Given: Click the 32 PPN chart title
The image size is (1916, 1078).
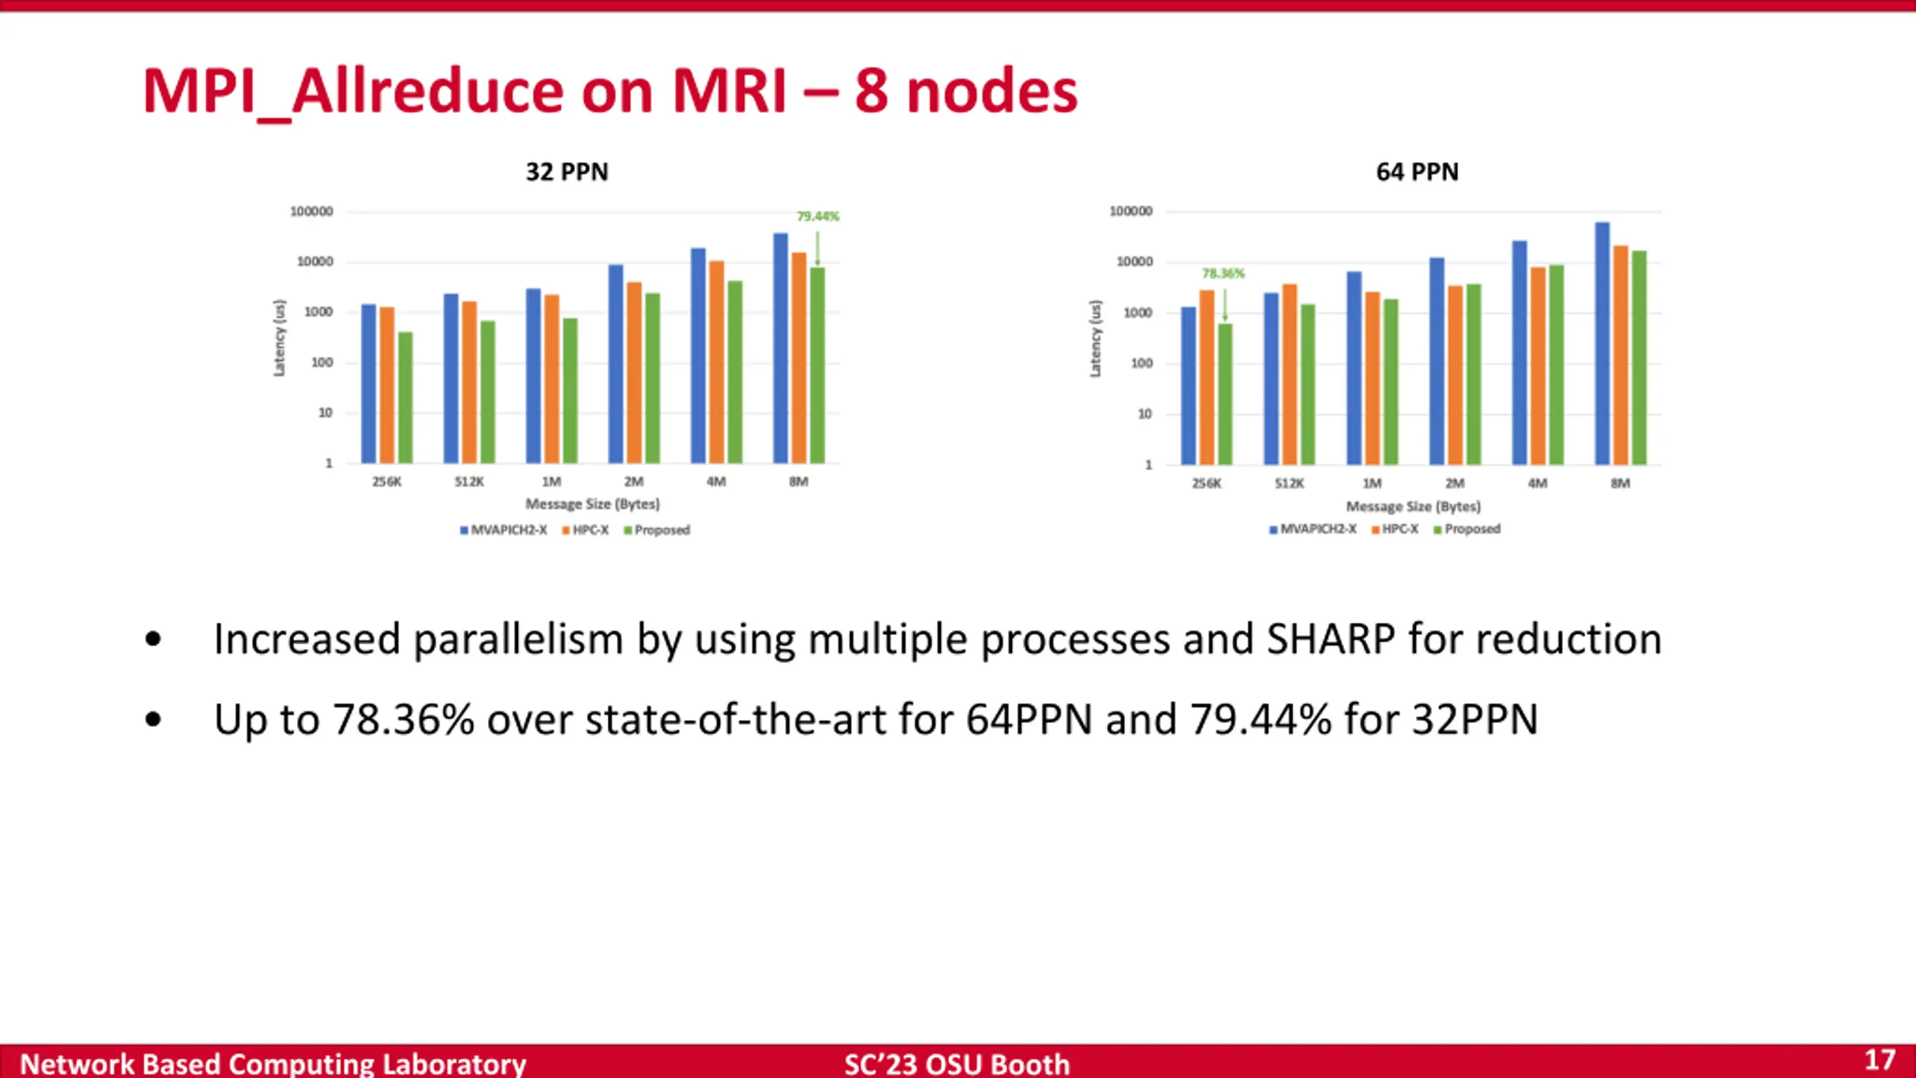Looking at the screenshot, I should click(567, 172).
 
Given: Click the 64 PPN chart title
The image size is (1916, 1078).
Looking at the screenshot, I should click(1417, 172).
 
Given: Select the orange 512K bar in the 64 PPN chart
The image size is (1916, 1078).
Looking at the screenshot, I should click(1290, 374).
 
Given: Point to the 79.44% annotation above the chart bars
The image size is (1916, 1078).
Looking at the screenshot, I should click(817, 216).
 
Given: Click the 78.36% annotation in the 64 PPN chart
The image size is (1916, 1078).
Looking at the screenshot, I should click(1223, 274).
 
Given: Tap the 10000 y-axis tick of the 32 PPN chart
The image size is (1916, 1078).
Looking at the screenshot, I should click(315, 262).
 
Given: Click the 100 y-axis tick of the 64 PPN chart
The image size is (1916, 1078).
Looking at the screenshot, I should click(1141, 364).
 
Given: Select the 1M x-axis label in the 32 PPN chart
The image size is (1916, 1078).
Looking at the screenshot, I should click(552, 481).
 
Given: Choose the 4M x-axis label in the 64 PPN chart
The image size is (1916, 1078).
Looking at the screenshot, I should click(1537, 484).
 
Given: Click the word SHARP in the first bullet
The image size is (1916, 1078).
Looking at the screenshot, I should click(1330, 639).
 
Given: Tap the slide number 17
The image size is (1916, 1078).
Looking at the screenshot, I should click(1879, 1060).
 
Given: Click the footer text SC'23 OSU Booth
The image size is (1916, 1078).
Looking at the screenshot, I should click(957, 1064).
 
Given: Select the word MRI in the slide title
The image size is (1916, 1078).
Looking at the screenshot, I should click(729, 91).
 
